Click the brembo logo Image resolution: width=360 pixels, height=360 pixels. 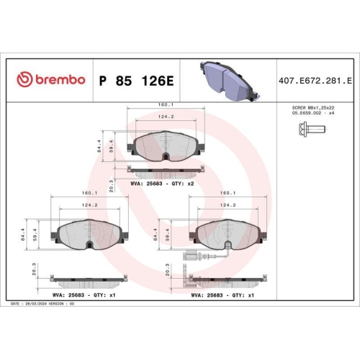[x=50, y=78]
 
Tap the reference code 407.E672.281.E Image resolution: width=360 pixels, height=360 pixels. [x=318, y=78]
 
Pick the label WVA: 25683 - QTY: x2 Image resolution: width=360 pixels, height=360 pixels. [x=163, y=184]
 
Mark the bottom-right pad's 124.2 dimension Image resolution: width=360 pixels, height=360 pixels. [x=229, y=205]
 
